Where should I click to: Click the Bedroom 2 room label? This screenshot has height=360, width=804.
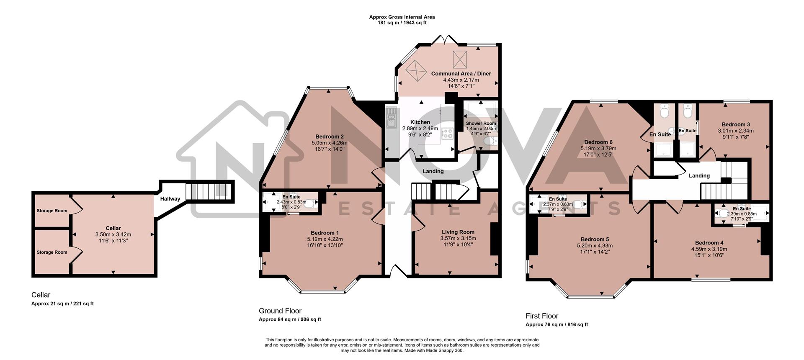click(330, 136)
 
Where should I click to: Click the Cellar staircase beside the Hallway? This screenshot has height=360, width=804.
click(208, 191)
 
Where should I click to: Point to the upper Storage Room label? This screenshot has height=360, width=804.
click(52, 211)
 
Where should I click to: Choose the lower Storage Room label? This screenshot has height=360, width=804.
click(52, 252)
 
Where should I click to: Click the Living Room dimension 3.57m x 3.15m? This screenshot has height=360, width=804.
click(458, 238)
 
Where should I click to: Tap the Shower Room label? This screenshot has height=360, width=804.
click(481, 123)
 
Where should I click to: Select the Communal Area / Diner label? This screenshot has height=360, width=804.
click(461, 74)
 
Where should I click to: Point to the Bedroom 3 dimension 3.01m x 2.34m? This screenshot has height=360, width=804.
click(736, 131)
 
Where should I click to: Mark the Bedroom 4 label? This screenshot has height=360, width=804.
click(709, 243)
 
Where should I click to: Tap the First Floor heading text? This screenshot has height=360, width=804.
click(542, 316)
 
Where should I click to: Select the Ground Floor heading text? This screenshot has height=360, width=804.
click(280, 311)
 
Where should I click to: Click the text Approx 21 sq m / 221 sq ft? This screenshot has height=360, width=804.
click(62, 303)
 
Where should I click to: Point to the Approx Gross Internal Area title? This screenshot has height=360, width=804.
click(402, 17)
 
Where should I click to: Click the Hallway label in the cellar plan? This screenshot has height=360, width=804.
click(170, 199)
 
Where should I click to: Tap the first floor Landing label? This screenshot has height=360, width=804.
click(699, 175)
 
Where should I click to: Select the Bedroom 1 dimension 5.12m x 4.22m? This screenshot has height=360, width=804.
click(325, 239)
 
